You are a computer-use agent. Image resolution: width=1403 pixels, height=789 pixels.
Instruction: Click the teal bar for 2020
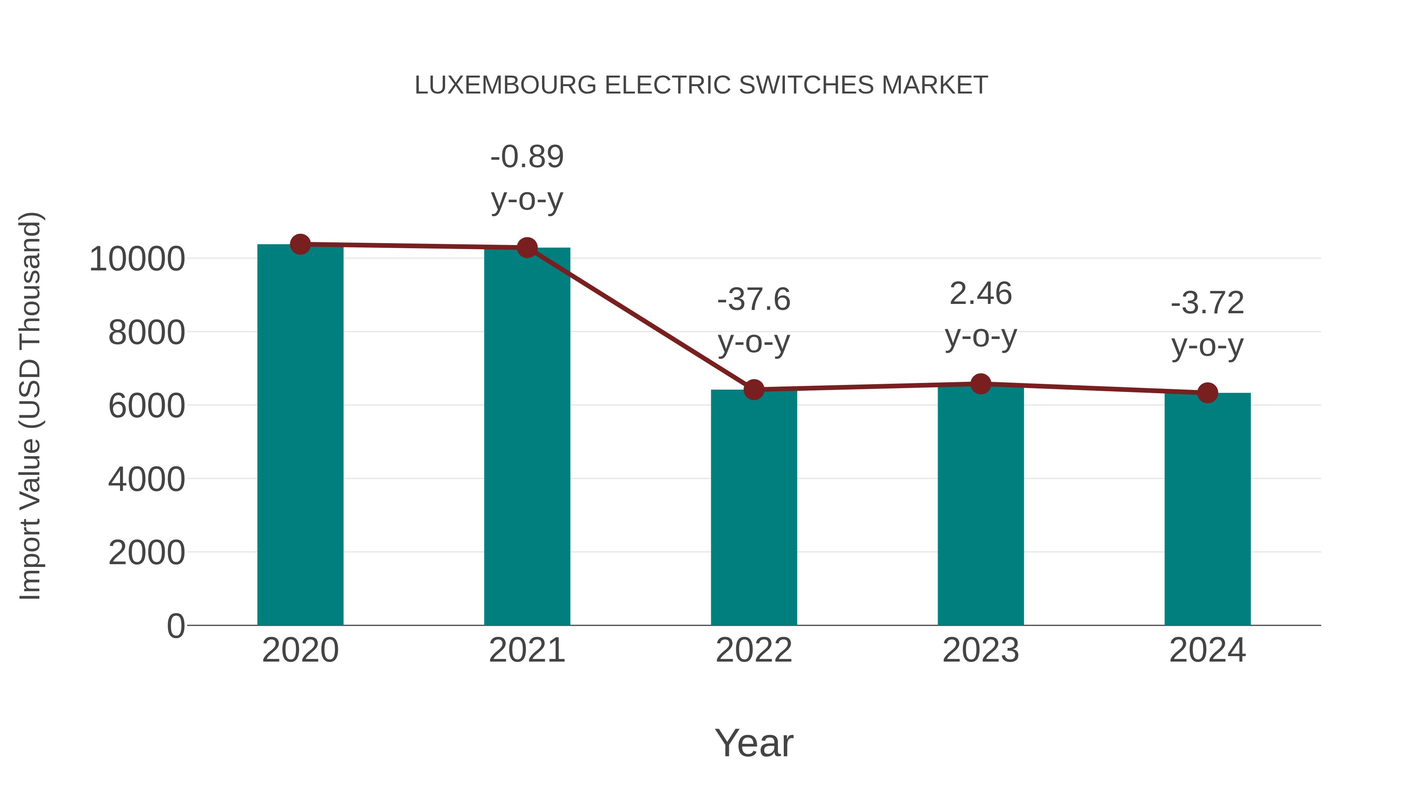coord(300,436)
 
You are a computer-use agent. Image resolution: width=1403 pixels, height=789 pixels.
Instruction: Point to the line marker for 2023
coord(981,384)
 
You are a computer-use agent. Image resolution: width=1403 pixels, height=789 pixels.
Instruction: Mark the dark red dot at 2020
coord(300,244)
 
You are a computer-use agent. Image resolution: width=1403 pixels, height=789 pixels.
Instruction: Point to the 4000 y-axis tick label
coord(147,480)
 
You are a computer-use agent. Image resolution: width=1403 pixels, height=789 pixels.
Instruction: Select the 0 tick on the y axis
coord(175,626)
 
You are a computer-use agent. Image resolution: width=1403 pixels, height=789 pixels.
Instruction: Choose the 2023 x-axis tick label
coord(981,650)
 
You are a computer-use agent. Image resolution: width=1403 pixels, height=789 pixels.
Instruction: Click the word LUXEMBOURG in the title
coord(505,85)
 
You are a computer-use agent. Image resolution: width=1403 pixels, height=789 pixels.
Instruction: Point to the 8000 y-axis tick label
coord(147,333)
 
